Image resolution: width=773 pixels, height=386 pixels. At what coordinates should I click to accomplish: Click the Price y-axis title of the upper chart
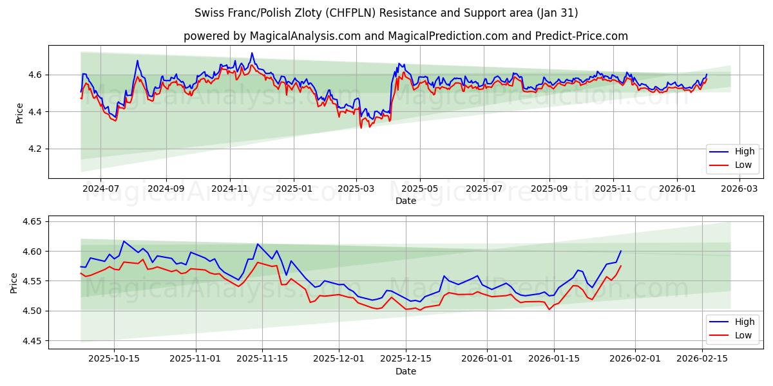click(19, 113)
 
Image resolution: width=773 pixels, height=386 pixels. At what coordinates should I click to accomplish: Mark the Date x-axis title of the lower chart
click(406, 371)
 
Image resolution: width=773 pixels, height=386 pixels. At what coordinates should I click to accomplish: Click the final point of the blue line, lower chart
click(621, 251)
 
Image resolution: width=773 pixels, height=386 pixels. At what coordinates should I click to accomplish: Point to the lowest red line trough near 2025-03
click(361, 127)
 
